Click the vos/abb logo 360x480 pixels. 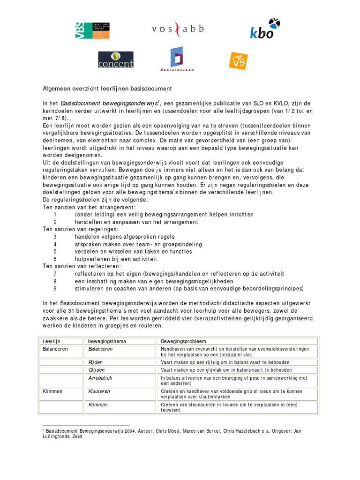178,29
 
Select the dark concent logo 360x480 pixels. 116,60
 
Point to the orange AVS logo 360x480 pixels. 238,60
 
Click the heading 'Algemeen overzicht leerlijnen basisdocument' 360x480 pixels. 108,89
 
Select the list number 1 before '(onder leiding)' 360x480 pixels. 55,214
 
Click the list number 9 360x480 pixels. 55,288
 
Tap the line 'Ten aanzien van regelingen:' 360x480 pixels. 81,229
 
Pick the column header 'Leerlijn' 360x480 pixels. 52,341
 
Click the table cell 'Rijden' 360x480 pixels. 96,362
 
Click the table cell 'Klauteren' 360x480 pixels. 99,391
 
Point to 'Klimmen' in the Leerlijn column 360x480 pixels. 52,391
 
